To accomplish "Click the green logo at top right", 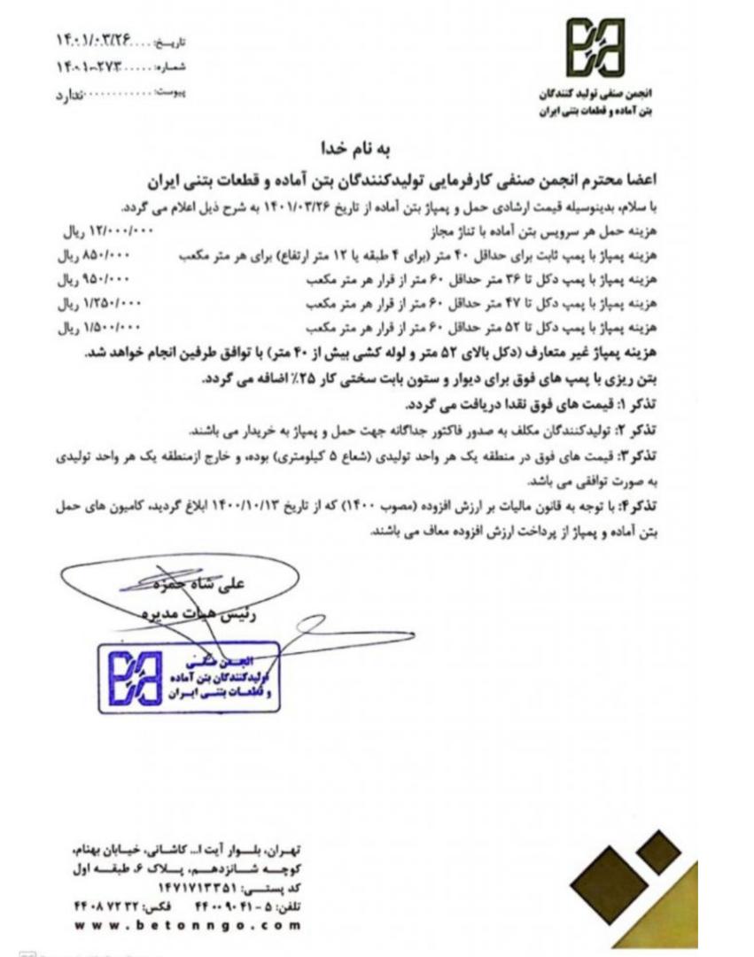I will click(x=595, y=49).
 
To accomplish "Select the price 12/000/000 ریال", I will click(x=109, y=231).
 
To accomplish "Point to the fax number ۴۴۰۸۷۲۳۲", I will click(x=108, y=906).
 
